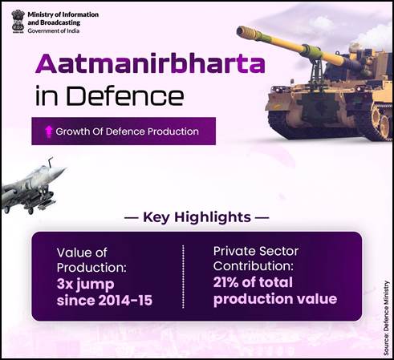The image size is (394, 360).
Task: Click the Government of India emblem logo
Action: (x=18, y=22)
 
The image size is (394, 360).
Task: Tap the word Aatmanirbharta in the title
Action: (x=150, y=63)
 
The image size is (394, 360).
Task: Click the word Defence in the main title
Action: (x=125, y=95)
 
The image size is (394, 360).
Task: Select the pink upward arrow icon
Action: (x=48, y=131)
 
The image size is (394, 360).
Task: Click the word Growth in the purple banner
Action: (x=72, y=131)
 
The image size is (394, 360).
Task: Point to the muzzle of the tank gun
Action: (x=242, y=30)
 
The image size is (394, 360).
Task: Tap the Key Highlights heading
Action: (x=197, y=217)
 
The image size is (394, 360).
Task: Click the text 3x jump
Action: (x=86, y=284)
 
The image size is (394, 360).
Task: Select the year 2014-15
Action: (x=125, y=300)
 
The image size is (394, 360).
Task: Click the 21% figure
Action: (x=225, y=282)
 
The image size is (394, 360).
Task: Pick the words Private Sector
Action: (x=256, y=251)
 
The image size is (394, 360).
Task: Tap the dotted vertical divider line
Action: (x=183, y=277)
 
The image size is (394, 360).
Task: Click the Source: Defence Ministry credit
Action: (x=386, y=318)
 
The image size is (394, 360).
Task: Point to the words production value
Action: (x=275, y=299)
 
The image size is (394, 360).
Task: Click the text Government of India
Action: (x=54, y=30)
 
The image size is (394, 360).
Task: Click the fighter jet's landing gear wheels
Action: (x=18, y=210)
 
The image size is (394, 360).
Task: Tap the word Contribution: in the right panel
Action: (x=254, y=266)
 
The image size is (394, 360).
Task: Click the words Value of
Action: (x=82, y=253)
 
